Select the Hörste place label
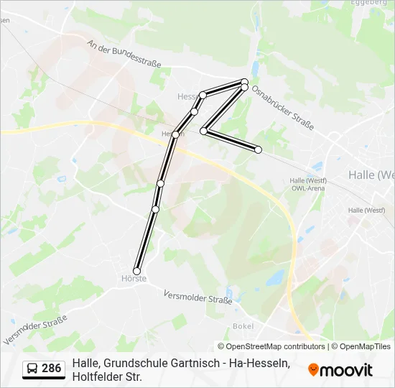point(134,279)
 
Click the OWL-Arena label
point(307,188)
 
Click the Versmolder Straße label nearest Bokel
point(197,297)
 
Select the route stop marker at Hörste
point(137,271)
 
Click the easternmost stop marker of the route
point(258,149)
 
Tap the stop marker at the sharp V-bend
point(204,131)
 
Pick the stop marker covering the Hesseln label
point(175,134)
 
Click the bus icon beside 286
point(33,369)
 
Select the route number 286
point(52,369)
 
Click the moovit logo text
point(346,370)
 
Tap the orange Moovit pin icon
point(313,370)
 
